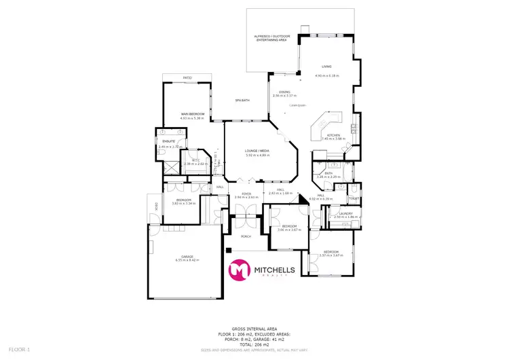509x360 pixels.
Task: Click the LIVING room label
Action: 326,67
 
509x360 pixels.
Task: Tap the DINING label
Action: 285,92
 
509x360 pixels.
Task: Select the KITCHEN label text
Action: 333,135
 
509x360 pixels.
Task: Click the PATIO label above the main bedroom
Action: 187,78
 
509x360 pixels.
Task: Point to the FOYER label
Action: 248,194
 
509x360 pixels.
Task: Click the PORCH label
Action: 246,236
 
